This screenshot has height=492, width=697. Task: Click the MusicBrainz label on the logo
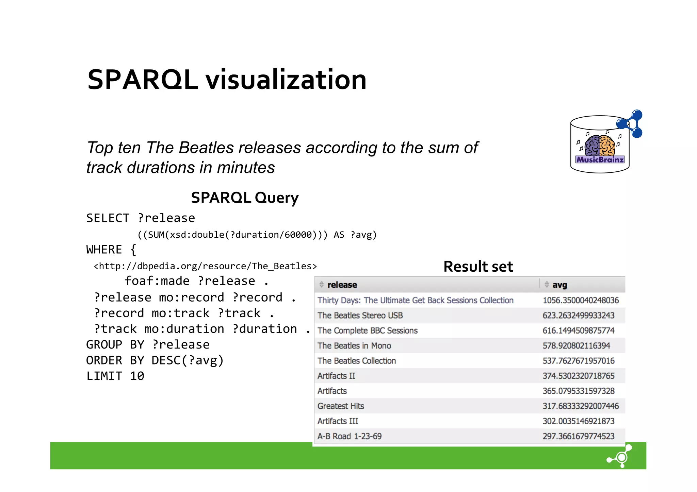coord(600,159)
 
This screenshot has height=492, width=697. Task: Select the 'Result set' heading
coord(478,267)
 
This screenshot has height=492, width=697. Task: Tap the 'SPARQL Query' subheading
coord(245,198)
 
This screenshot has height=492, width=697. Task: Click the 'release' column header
coord(342,285)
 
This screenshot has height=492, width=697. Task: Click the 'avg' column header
coord(559,285)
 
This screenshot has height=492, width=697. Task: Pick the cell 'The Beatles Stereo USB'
coord(360,316)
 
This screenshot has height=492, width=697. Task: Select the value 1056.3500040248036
coord(581,300)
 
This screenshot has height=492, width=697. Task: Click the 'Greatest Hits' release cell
coord(341,406)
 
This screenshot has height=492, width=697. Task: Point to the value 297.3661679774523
coord(579,436)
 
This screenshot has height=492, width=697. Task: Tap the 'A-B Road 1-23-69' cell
coord(350,436)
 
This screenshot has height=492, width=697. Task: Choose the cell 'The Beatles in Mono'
coord(354,346)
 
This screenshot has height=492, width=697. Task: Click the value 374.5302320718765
coord(579,376)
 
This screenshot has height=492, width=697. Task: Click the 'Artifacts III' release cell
coord(338,421)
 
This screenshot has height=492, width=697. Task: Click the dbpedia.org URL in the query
coord(205,266)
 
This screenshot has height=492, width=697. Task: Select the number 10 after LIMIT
coord(137,376)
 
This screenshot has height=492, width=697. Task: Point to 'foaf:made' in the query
coord(157,281)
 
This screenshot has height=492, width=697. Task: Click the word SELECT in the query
coord(108,218)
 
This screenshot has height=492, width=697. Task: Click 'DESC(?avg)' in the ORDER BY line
coord(188,360)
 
